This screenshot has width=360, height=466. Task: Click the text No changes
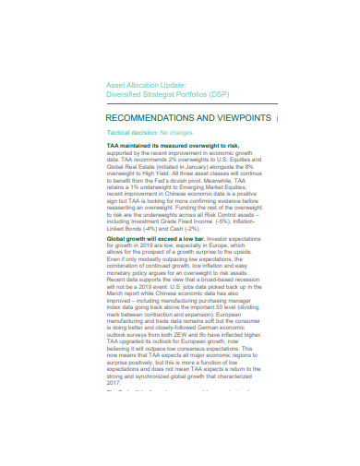[174, 133]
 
